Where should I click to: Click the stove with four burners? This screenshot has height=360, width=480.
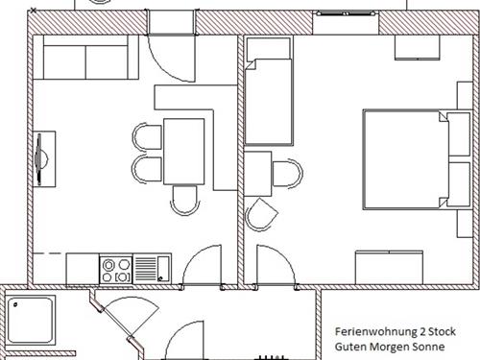click(116, 267)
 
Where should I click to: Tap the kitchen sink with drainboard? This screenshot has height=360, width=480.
click(152, 267)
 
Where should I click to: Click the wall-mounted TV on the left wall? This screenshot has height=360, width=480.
click(39, 159)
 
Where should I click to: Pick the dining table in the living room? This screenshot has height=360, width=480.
click(184, 151)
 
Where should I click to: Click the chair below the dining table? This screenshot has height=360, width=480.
click(184, 199)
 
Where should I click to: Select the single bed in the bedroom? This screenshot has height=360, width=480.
click(269, 101)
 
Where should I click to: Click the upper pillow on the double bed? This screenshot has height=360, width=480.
click(456, 132)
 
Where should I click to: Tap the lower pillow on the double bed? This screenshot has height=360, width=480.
click(456, 180)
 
